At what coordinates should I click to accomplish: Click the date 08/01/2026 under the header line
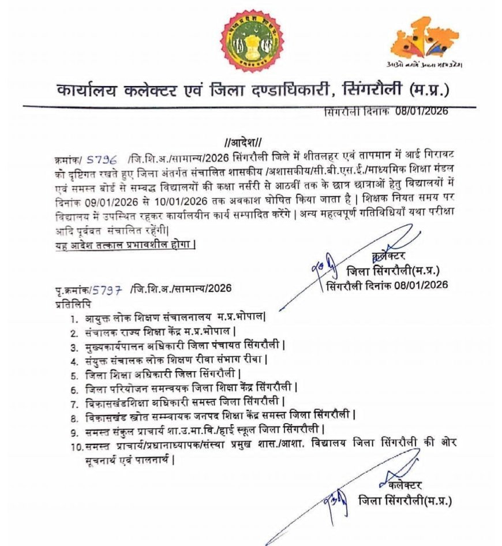point(425,111)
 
